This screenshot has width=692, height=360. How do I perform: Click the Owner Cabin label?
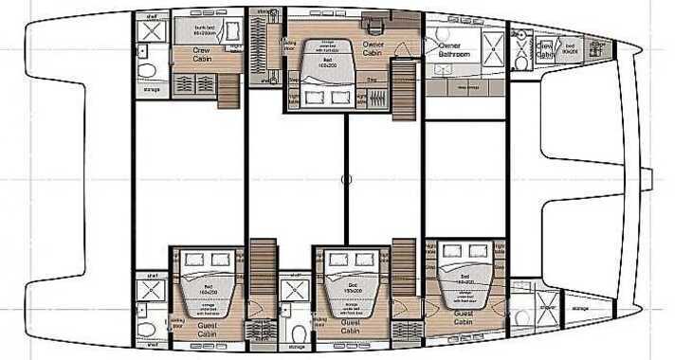(374, 48)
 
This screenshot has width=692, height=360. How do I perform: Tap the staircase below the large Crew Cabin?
(227, 91)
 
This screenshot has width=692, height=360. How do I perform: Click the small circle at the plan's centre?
(346, 178)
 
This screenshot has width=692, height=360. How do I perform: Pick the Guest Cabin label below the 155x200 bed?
(342, 328)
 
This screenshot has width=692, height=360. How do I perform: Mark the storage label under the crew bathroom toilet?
(151, 93)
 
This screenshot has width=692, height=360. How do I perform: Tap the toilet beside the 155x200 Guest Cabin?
(298, 333)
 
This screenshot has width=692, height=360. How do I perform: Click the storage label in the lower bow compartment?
(580, 307)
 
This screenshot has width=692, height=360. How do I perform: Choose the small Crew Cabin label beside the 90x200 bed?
(544, 47)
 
